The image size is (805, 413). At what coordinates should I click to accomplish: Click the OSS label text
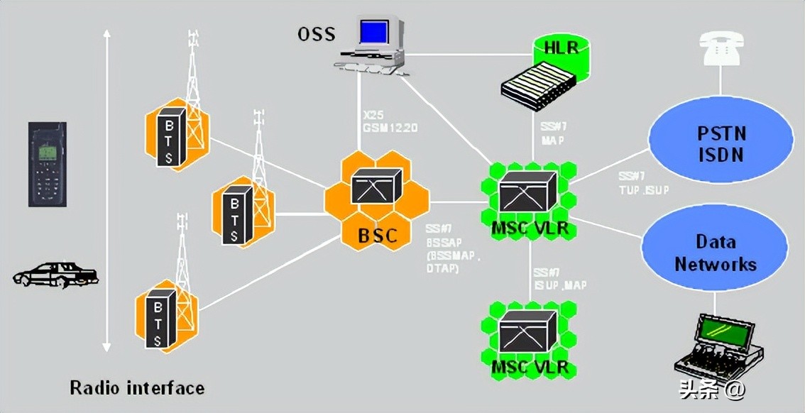[x=316, y=33]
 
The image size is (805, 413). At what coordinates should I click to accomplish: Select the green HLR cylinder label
[x=561, y=48]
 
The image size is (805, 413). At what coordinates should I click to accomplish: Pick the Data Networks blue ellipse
[x=715, y=253]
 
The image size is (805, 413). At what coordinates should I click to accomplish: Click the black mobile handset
[x=48, y=164]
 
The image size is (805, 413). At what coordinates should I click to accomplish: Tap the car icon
[x=55, y=275]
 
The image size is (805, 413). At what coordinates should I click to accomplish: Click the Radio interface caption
[x=137, y=388]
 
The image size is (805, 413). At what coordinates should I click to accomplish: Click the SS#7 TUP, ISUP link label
[x=642, y=183]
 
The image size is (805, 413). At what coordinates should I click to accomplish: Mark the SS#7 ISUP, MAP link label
[x=559, y=279]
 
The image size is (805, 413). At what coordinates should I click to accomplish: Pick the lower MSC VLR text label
[x=530, y=368]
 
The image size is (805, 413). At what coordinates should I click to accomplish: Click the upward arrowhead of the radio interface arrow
[x=106, y=34]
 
